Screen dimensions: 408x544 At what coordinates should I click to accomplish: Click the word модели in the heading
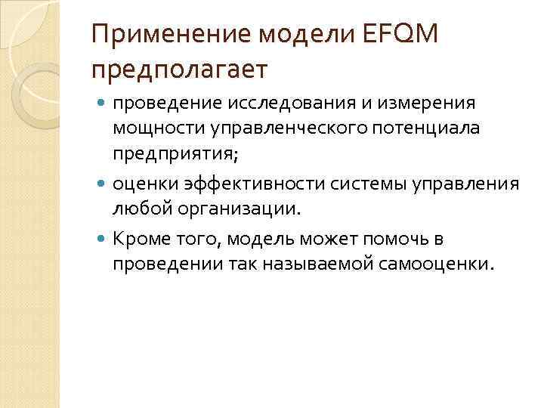point(291,35)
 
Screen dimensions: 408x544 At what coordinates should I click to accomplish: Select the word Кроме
point(138,240)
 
